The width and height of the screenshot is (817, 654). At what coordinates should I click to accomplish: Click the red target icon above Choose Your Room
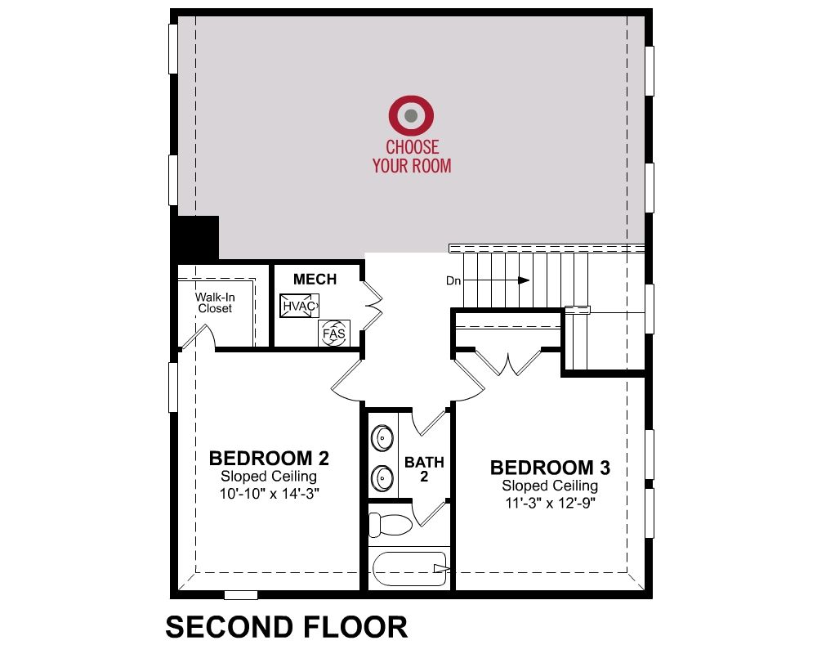[411, 115]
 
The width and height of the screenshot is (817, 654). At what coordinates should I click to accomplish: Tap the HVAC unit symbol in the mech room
[299, 306]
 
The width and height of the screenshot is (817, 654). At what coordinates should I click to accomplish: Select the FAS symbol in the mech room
[334, 333]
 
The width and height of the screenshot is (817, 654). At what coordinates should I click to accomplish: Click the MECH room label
[315, 279]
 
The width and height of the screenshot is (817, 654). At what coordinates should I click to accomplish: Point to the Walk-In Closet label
[215, 302]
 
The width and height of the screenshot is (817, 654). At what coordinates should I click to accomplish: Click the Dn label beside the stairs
[453, 280]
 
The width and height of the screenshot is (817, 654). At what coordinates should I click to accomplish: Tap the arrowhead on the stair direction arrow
[525, 280]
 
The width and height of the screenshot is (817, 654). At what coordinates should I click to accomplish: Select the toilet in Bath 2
[389, 525]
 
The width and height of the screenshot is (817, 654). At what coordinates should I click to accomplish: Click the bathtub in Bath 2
[410, 568]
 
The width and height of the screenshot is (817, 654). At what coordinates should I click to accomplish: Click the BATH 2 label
[424, 469]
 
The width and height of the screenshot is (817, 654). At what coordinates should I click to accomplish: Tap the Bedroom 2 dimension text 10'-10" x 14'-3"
[269, 494]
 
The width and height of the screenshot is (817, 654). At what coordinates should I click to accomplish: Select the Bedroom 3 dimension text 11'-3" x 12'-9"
[550, 503]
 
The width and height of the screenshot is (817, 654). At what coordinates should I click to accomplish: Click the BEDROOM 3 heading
[550, 468]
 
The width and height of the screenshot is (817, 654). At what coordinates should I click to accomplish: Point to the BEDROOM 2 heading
[269, 458]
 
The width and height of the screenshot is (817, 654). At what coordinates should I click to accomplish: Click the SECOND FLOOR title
[287, 627]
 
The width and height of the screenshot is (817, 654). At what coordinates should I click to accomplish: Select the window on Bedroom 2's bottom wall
[241, 595]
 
